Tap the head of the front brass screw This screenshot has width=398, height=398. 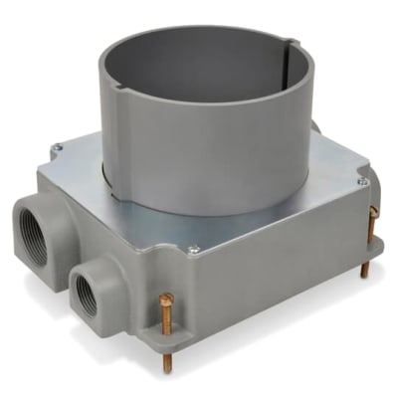coord(166,298)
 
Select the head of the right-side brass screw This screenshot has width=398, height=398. coord(373,212)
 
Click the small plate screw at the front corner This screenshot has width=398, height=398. coord(193,249)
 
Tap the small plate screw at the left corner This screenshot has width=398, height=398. coord(57,148)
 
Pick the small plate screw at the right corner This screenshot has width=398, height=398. coord(363,182)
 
